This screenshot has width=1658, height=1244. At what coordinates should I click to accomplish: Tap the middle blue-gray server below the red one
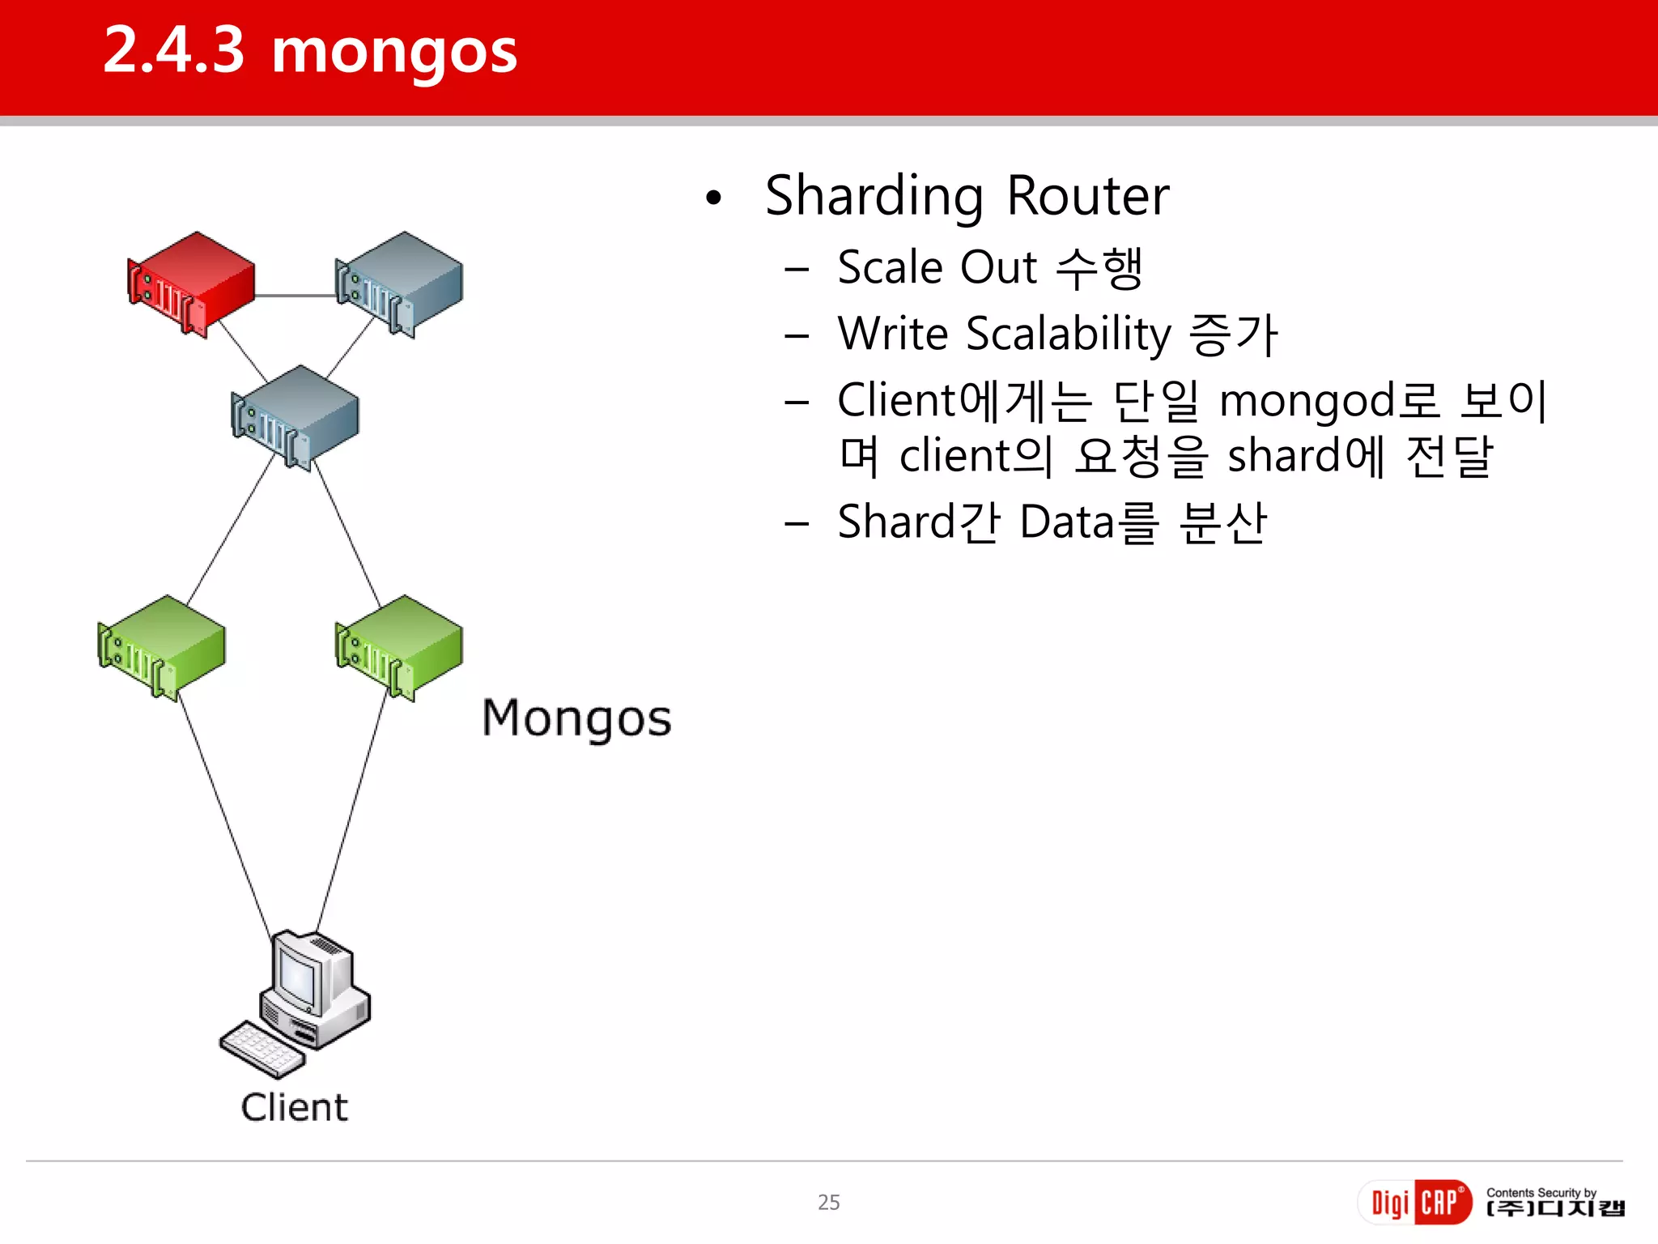click(295, 416)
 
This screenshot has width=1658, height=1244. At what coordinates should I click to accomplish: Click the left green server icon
click(161, 647)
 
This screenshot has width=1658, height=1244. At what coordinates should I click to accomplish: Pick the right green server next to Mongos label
click(399, 647)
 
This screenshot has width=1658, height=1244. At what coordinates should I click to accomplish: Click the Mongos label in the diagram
click(576, 719)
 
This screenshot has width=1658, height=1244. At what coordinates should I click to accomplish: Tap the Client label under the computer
click(294, 1108)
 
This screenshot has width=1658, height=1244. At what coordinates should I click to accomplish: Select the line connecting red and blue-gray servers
click(295, 296)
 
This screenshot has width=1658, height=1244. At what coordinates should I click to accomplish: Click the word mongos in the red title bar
click(394, 50)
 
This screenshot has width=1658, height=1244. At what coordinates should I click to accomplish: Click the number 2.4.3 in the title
click(174, 50)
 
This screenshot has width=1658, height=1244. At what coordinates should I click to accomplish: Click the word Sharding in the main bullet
click(874, 198)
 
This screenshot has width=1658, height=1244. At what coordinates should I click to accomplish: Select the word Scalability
click(1069, 334)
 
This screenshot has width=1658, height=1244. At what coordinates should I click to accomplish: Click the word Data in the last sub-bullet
click(1067, 522)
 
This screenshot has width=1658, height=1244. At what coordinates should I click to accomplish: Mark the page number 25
click(828, 1203)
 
